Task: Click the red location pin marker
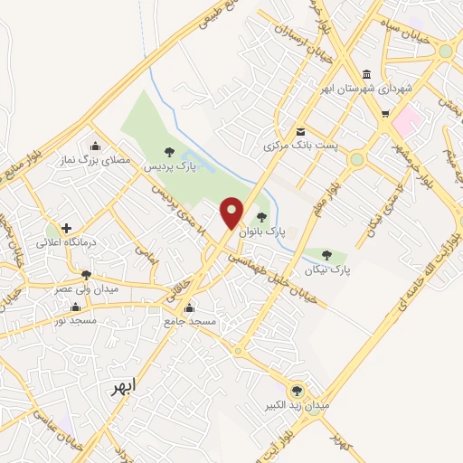[x=233, y=213]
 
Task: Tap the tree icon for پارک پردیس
[x=168, y=152]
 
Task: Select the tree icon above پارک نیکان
[x=327, y=255]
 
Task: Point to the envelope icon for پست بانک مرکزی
[x=300, y=131]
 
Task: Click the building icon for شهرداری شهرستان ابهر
[x=365, y=75]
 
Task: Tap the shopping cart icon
[x=385, y=114]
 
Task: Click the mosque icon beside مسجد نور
[x=74, y=307]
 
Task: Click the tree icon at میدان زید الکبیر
[x=297, y=391]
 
